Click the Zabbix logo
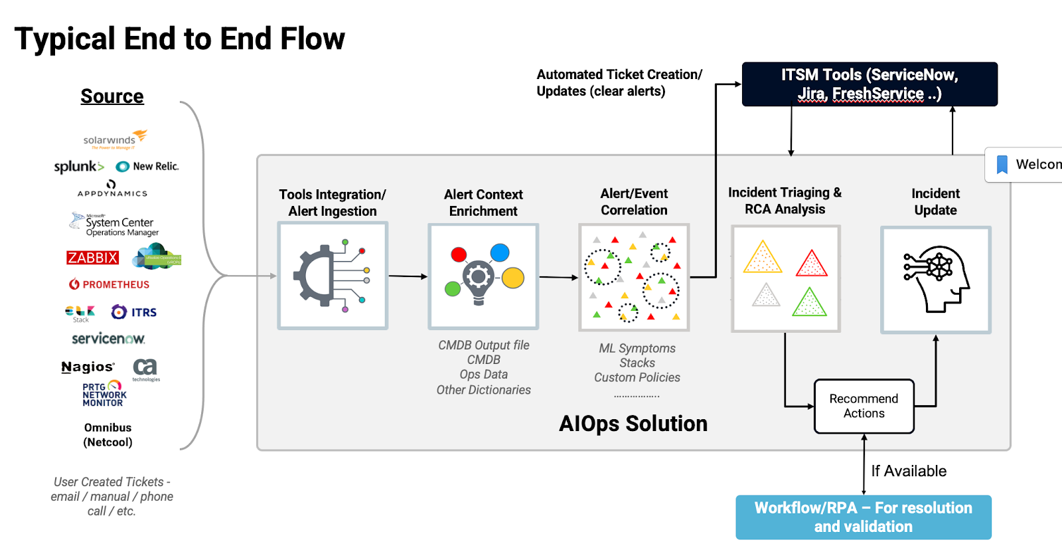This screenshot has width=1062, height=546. (92, 258)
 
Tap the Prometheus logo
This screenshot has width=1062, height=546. (110, 284)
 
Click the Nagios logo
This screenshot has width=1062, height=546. (88, 367)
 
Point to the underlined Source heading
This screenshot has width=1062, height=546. (112, 96)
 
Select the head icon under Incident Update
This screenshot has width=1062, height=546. (936, 279)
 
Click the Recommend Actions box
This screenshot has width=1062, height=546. (864, 406)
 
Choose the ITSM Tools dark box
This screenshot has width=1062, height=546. (870, 84)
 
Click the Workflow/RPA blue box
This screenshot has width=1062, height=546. (863, 517)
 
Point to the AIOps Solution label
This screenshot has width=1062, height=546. (633, 424)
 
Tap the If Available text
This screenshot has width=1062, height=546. (909, 471)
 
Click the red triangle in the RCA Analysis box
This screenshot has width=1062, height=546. (811, 263)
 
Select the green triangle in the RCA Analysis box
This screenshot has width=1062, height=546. (809, 302)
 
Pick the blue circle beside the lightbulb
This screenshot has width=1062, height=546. (500, 252)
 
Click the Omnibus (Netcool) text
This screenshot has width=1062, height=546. (108, 435)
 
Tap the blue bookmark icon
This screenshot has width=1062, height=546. (1002, 164)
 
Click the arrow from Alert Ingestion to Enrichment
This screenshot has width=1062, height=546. (408, 276)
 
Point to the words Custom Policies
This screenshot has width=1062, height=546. (637, 377)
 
